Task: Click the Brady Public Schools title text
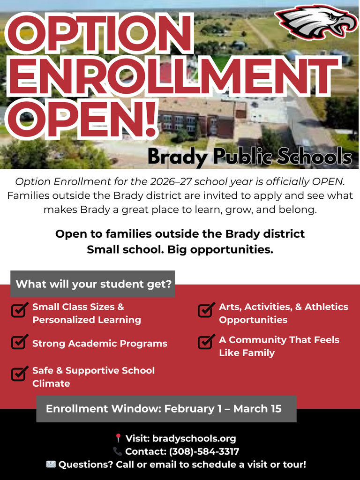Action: pyautogui.click(x=249, y=157)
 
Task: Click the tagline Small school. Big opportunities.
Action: pyautogui.click(x=180, y=249)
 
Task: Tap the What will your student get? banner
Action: pyautogui.click(x=93, y=284)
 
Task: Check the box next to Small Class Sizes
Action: pyautogui.click(x=19, y=310)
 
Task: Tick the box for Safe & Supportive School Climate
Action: pyautogui.click(x=19, y=373)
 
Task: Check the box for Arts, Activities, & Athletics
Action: pyautogui.click(x=206, y=310)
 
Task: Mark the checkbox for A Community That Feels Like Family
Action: pyautogui.click(x=206, y=342)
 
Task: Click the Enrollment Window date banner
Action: pyautogui.click(x=166, y=409)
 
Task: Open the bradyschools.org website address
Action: pyautogui.click(x=194, y=439)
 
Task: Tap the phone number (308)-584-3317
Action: pyautogui.click(x=204, y=452)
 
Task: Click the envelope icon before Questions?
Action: pyautogui.click(x=51, y=465)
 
